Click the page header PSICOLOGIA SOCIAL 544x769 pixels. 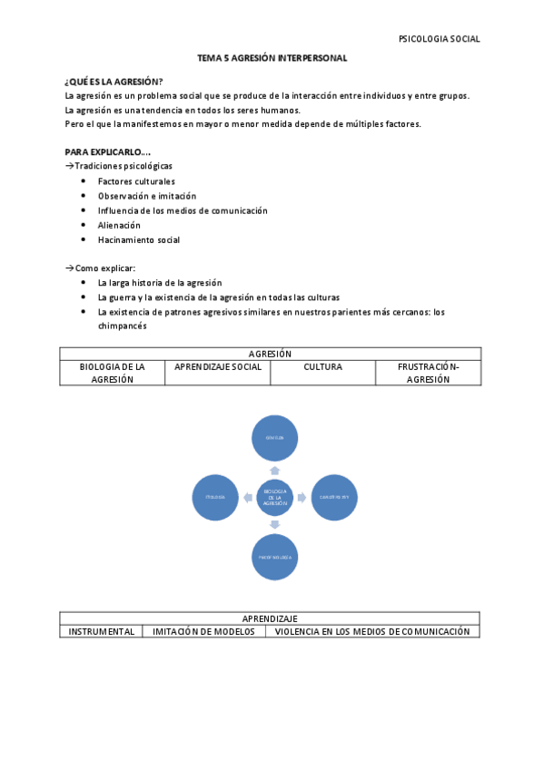coord(439,39)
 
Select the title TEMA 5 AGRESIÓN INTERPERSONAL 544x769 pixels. coord(272,58)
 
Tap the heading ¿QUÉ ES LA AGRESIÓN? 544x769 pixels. coord(114,82)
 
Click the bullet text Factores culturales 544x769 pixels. coord(136,181)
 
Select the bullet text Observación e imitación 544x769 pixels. coord(147,196)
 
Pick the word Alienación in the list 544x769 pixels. coord(119,225)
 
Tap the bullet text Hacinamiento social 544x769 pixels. coord(139,240)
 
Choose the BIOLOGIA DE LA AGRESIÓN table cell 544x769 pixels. coord(113,373)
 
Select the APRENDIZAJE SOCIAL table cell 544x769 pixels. coord(218,367)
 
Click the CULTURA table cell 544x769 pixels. coord(323,367)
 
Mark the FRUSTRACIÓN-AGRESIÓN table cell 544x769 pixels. coord(428,373)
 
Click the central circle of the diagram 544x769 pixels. coord(274,496)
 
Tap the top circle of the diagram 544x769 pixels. coord(274,439)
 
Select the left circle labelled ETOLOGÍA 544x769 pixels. coord(215,497)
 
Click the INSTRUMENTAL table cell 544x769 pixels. coord(102,631)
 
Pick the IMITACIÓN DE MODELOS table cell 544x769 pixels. coord(203,631)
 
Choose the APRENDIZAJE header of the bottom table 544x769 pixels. coord(270,618)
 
